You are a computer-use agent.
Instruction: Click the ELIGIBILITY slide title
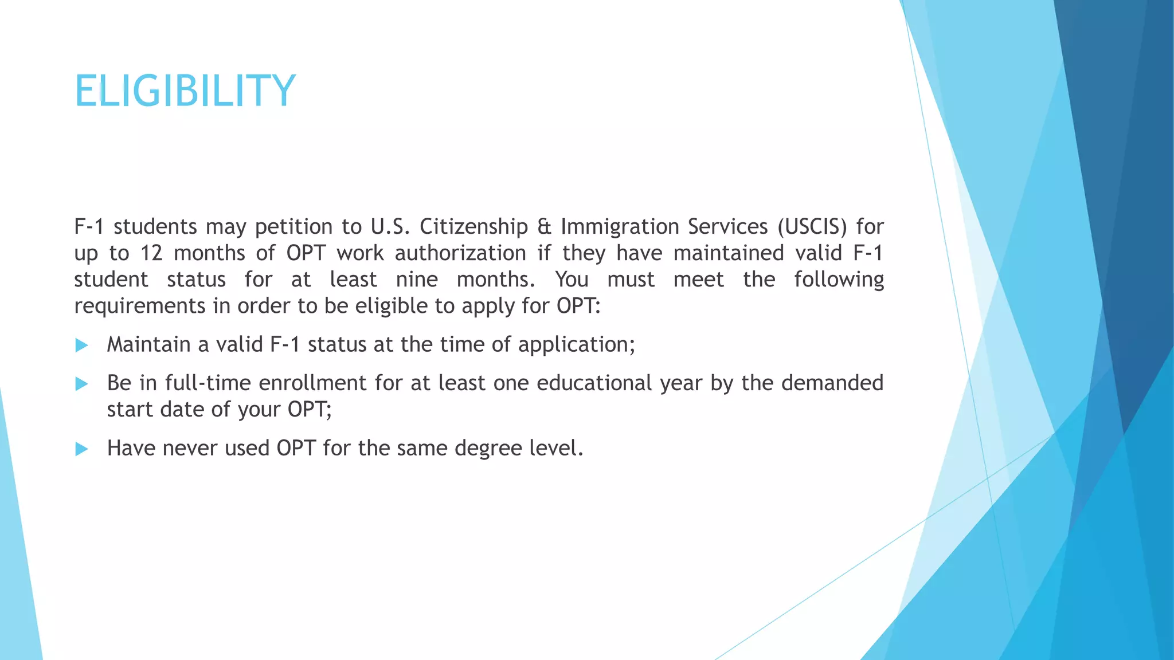185,91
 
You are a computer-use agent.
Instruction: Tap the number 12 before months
152,253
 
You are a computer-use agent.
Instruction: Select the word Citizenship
473,227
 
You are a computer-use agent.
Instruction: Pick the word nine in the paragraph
417,280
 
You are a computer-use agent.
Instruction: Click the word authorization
460,253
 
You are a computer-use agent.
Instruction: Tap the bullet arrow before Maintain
82,345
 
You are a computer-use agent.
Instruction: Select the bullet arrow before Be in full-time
82,384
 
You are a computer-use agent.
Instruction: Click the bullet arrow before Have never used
82,449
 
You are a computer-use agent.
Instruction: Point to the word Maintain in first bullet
148,344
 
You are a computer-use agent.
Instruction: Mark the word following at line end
839,280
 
